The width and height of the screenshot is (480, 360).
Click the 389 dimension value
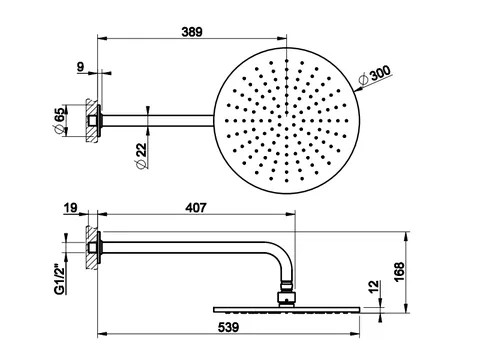coord(192,32)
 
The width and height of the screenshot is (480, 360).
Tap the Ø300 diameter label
coord(374,76)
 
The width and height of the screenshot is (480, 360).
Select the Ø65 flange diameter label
coord(59,121)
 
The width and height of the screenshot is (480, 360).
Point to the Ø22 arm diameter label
coord(141,156)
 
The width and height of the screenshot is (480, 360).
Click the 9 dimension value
coord(80,67)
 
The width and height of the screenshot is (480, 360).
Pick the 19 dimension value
coord(70,208)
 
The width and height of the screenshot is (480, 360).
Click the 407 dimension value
coord(196,208)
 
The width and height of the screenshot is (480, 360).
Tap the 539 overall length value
coord(229,327)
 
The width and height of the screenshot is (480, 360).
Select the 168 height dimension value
coord(399,272)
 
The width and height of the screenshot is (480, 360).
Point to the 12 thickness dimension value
coord(375,287)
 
